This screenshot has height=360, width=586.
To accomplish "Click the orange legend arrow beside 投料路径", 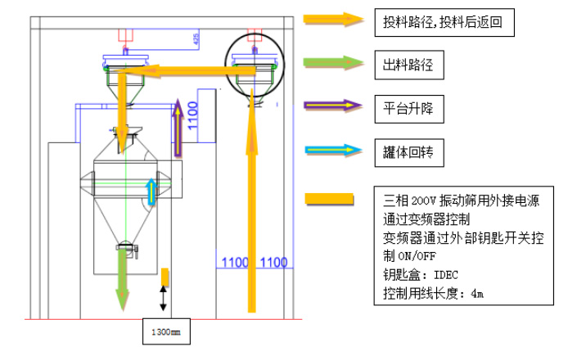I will point(333,20).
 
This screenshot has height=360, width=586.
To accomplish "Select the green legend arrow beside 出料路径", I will point(333,63).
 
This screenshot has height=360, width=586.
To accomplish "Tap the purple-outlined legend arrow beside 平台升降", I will point(333,105).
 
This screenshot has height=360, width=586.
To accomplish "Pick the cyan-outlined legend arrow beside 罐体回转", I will point(333,150).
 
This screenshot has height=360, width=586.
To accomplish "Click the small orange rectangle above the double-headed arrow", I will point(165,276).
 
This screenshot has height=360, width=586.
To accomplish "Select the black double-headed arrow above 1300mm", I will point(165,298).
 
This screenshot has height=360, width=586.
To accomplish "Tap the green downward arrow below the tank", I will point(124,278).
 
